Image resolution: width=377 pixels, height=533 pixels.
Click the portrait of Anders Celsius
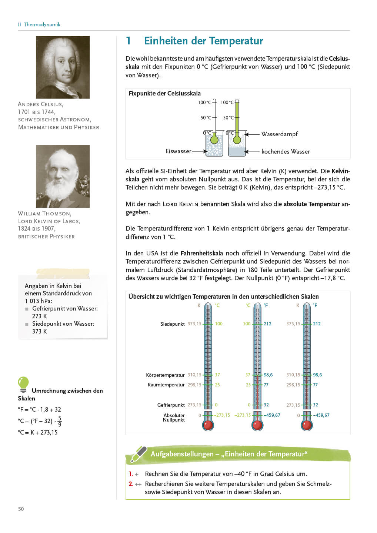click(63, 67)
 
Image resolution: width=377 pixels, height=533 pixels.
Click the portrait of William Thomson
click(63, 176)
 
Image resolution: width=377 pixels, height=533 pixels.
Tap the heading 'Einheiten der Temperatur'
click(203, 41)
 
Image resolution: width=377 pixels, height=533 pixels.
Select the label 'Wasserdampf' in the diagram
click(279, 134)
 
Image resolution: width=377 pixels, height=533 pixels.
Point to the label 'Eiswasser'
click(178, 151)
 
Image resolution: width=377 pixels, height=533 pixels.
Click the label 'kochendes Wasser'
click(286, 151)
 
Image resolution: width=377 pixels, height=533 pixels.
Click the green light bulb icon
click(23, 384)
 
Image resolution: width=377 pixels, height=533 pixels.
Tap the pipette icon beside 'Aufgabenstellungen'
click(139, 454)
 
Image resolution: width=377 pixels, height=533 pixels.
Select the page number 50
click(21, 509)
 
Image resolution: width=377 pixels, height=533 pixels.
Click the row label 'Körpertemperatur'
click(165, 375)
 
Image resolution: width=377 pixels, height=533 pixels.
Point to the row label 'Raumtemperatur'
click(166, 385)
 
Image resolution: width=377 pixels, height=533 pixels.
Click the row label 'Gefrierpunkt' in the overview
click(171, 405)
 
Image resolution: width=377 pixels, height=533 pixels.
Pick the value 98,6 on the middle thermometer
click(268, 375)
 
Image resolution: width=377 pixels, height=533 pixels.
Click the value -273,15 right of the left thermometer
click(222, 415)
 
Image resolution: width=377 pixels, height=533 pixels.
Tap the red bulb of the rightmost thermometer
click(307, 425)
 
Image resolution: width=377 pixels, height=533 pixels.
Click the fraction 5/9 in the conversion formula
click(60, 421)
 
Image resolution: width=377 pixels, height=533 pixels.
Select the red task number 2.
click(131, 484)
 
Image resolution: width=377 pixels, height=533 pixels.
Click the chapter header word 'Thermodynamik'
click(42, 24)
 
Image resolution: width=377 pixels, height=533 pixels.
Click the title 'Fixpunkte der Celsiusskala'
click(164, 93)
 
